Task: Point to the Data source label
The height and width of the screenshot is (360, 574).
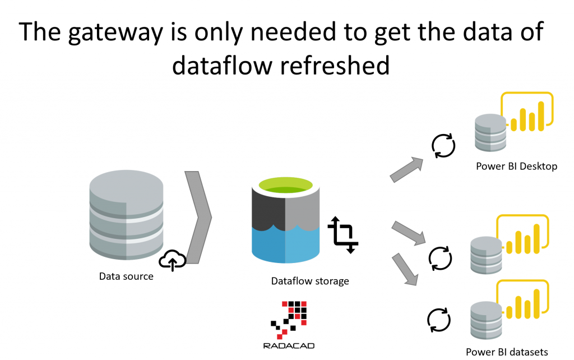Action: [126, 276]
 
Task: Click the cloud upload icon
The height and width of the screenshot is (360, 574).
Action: [173, 260]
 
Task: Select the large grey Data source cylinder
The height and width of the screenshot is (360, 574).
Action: [126, 214]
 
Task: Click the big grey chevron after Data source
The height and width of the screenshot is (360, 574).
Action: [198, 216]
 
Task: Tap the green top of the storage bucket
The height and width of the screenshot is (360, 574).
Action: [286, 184]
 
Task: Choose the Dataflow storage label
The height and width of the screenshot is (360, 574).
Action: [310, 281]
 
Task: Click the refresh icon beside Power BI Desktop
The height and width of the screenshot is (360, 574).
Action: [443, 145]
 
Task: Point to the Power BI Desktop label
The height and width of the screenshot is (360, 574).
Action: [516, 166]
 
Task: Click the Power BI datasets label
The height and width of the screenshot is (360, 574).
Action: [507, 352]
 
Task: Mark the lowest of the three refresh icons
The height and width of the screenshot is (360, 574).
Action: [437, 318]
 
